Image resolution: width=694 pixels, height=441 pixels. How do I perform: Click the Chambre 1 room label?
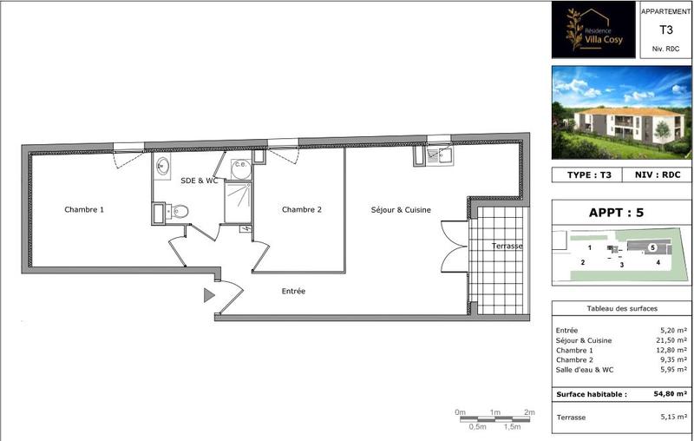coord(84,209)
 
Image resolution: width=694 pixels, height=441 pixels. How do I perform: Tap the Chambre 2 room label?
coord(302,209)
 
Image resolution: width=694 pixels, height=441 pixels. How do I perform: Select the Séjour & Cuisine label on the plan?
coord(401,209)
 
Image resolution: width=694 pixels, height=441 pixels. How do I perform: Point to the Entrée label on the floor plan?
coord(293,292)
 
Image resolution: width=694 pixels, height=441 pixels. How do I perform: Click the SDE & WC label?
coord(199,181)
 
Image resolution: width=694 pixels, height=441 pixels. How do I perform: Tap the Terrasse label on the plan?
coord(507,246)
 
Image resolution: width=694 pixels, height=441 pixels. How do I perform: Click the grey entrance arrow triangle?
coord(209,296)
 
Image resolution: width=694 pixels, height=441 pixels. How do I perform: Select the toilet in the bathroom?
coord(179,211)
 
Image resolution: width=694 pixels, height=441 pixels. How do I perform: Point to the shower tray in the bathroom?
coord(238,202)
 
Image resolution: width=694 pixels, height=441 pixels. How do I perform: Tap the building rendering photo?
coord(622,114)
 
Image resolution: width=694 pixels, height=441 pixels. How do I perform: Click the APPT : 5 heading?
coord(622,211)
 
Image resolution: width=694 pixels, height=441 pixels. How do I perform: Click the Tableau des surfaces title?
coord(622,309)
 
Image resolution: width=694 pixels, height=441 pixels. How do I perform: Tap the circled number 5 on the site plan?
coord(651,247)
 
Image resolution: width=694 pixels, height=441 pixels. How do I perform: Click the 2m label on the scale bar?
coord(529,411)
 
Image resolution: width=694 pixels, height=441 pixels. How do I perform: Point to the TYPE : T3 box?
coord(589,174)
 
